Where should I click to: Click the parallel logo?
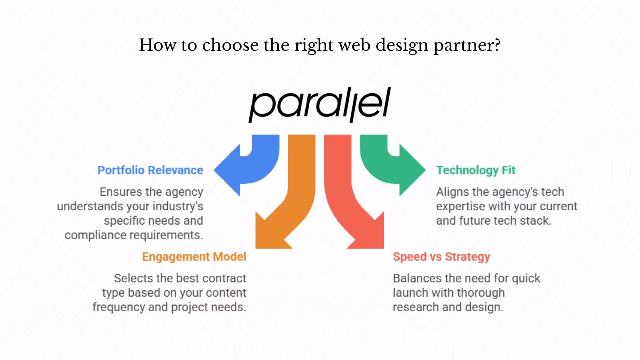pyautogui.click(x=319, y=105)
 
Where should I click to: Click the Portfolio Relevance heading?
pyautogui.click(x=150, y=170)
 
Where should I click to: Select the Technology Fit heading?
pyautogui.click(x=476, y=170)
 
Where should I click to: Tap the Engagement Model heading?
pyautogui.click(x=194, y=257)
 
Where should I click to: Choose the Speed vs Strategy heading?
pyautogui.click(x=441, y=257)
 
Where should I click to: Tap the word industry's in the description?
pyautogui.click(x=178, y=206)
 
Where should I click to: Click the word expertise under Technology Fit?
pyautogui.click(x=460, y=206)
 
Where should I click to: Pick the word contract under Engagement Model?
pyautogui.click(x=220, y=278)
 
